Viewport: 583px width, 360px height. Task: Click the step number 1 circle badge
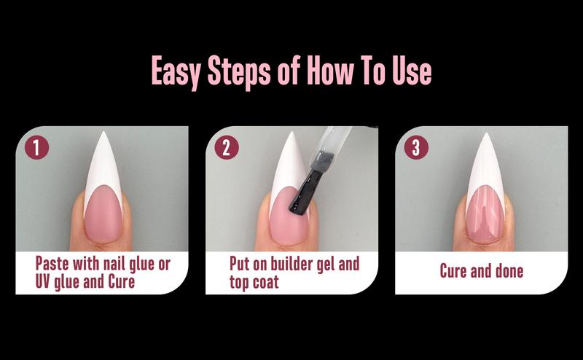coord(36,148)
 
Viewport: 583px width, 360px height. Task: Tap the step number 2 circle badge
coord(227,148)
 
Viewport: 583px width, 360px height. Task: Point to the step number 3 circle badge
coord(415,148)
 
